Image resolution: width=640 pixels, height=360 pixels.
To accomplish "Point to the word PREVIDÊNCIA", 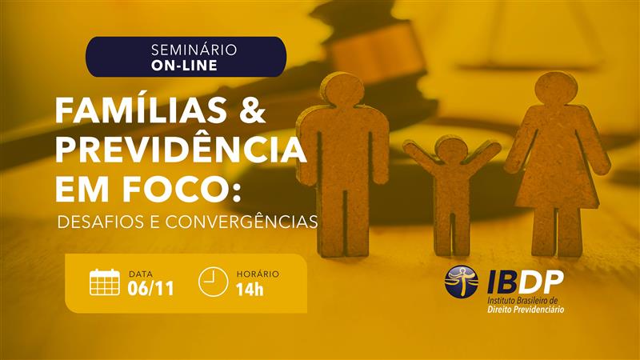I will tap(181, 150).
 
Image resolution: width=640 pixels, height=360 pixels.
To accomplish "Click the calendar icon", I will tap(105, 282).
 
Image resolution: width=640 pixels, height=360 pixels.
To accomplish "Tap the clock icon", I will tap(213, 282).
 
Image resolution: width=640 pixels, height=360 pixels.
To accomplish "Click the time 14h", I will tap(250, 289).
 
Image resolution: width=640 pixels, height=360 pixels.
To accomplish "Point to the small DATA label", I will tap(141, 274).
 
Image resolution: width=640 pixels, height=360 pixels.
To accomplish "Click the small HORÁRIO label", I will tap(258, 274).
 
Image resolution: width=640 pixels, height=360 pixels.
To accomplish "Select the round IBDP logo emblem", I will tap(462, 282).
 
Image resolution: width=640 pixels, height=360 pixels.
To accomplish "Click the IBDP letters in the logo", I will tap(525, 281).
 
